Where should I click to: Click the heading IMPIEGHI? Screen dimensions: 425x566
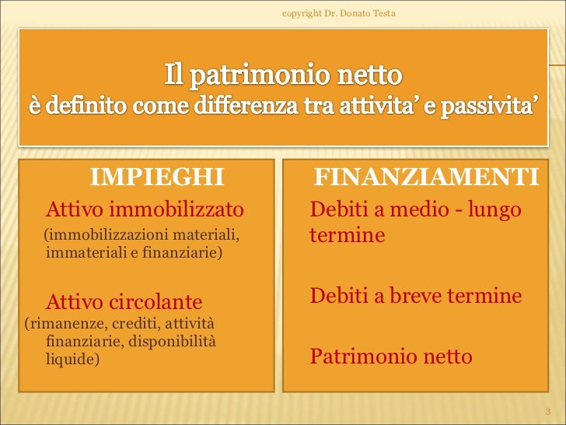click(x=157, y=177)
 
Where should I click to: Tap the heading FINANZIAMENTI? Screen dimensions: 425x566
click(x=426, y=177)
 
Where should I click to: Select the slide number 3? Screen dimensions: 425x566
click(x=547, y=410)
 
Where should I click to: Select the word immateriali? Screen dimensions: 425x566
click(x=79, y=251)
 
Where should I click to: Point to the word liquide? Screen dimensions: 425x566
click(x=72, y=360)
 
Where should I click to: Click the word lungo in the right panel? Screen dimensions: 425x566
click(x=494, y=209)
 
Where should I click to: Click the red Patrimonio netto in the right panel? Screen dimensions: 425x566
click(x=390, y=357)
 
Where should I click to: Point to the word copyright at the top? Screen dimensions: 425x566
click(x=304, y=12)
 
